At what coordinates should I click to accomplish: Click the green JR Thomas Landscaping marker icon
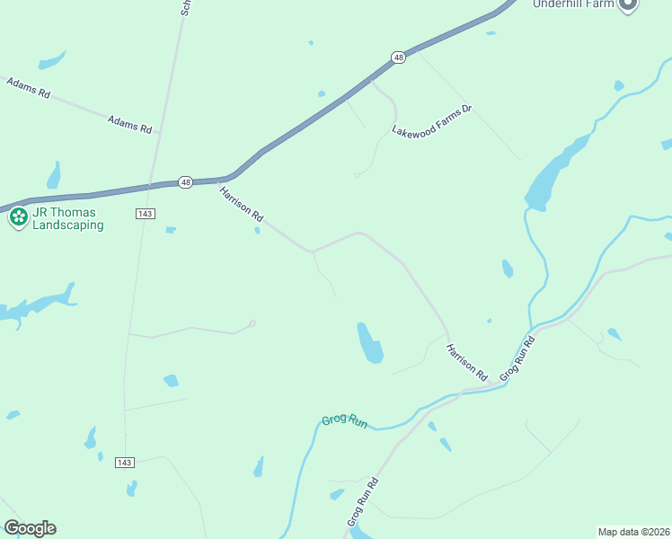pyautogui.click(x=18, y=216)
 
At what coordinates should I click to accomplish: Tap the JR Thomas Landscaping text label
pyautogui.click(x=67, y=219)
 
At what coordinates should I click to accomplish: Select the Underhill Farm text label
pyautogui.click(x=573, y=4)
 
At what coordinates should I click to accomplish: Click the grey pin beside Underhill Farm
pyautogui.click(x=628, y=4)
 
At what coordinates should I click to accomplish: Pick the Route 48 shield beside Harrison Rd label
pyautogui.click(x=184, y=181)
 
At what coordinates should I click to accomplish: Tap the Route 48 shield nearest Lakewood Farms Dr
pyautogui.click(x=399, y=57)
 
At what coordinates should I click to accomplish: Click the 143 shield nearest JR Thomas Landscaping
pyautogui.click(x=146, y=213)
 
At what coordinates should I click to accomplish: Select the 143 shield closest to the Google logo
pyautogui.click(x=125, y=463)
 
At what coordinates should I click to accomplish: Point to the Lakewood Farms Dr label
pyautogui.click(x=431, y=120)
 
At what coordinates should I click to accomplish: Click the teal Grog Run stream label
pyautogui.click(x=345, y=421)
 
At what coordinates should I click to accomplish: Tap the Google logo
pyautogui.click(x=30, y=528)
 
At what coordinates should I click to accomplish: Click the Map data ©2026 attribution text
pyautogui.click(x=633, y=532)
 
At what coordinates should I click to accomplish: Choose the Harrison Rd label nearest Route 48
pyautogui.click(x=241, y=204)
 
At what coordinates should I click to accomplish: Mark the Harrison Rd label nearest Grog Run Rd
pyautogui.click(x=466, y=361)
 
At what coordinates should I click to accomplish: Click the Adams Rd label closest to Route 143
pyautogui.click(x=129, y=124)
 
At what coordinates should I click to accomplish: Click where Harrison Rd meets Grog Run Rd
pyautogui.click(x=461, y=392)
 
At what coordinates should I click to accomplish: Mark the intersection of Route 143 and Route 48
pyautogui.click(x=155, y=186)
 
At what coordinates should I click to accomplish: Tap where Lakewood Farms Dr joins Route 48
pyautogui.click(x=370, y=80)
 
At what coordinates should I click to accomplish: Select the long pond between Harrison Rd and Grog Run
pyautogui.click(x=369, y=342)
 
